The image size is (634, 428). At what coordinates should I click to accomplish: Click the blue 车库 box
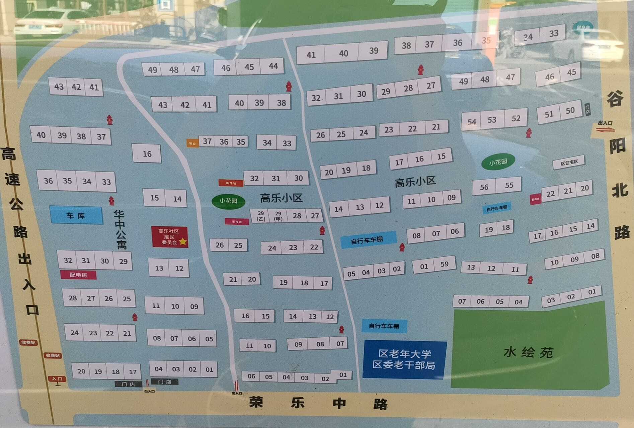tap(76, 215)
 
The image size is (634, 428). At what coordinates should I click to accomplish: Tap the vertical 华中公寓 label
tap(120, 229)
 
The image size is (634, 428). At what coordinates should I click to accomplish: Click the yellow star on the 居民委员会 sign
tap(183, 241)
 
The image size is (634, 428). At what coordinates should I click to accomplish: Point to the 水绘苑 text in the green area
tap(528, 352)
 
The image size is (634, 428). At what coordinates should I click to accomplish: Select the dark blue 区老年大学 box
tap(404, 359)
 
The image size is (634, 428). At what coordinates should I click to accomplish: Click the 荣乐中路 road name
tap(318, 403)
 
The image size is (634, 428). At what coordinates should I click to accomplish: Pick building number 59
tap(444, 264)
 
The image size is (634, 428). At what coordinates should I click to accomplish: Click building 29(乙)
tap(261, 216)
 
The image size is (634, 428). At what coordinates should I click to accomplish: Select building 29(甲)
tap(278, 216)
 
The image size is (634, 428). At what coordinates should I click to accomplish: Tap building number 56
tap(484, 187)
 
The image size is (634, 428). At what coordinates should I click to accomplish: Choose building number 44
tap(273, 66)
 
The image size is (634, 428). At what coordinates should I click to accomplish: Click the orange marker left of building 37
tap(192, 143)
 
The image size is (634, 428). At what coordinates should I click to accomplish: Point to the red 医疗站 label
tap(231, 183)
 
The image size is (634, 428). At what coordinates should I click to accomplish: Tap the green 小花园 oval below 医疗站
tap(228, 201)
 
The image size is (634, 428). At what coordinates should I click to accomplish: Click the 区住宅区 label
tap(569, 162)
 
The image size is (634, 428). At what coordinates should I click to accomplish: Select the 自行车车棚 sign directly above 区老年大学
tap(384, 326)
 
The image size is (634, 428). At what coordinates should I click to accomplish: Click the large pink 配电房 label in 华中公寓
tap(78, 275)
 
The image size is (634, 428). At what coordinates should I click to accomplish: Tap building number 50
tap(570, 110)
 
